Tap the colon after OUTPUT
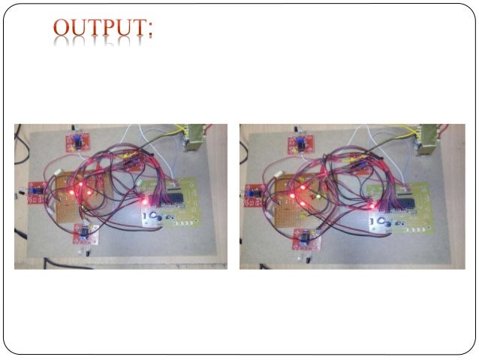click(x=150, y=31)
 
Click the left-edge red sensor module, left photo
click(x=35, y=193)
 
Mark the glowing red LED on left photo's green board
click(x=143, y=201)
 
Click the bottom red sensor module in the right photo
click(x=306, y=239)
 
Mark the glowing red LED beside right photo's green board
click(x=371, y=204)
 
